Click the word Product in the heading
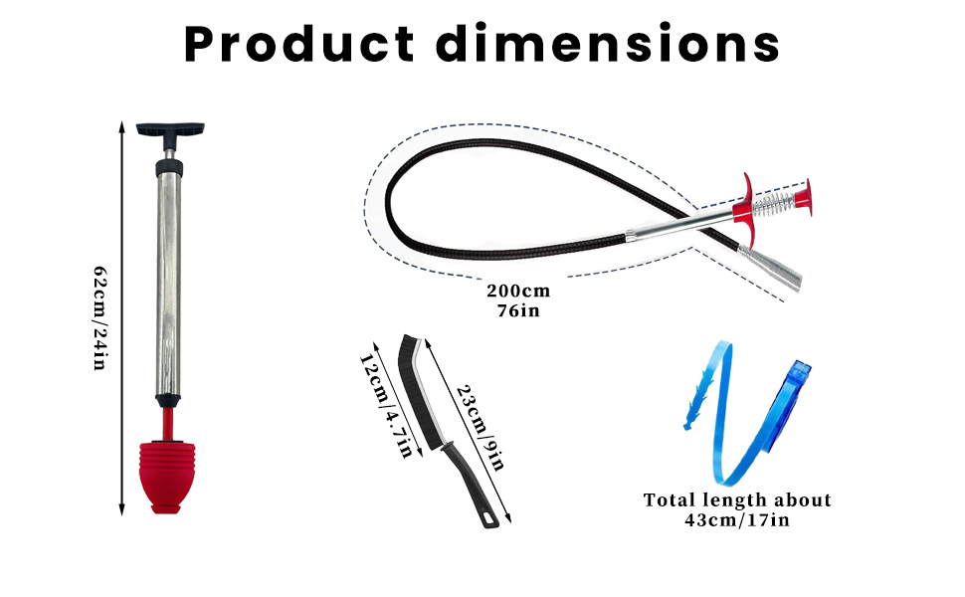(299, 44)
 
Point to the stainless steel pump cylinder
(169, 286)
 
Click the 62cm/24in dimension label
(100, 318)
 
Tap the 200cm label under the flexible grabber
(518, 291)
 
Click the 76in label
(518, 310)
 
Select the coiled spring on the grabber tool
(773, 204)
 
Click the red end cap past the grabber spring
(803, 198)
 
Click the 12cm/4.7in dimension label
(386, 406)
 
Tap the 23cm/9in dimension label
(482, 427)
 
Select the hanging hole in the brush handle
(490, 520)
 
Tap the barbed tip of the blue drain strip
(698, 400)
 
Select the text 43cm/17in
(737, 520)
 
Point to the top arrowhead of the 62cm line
(121, 126)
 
